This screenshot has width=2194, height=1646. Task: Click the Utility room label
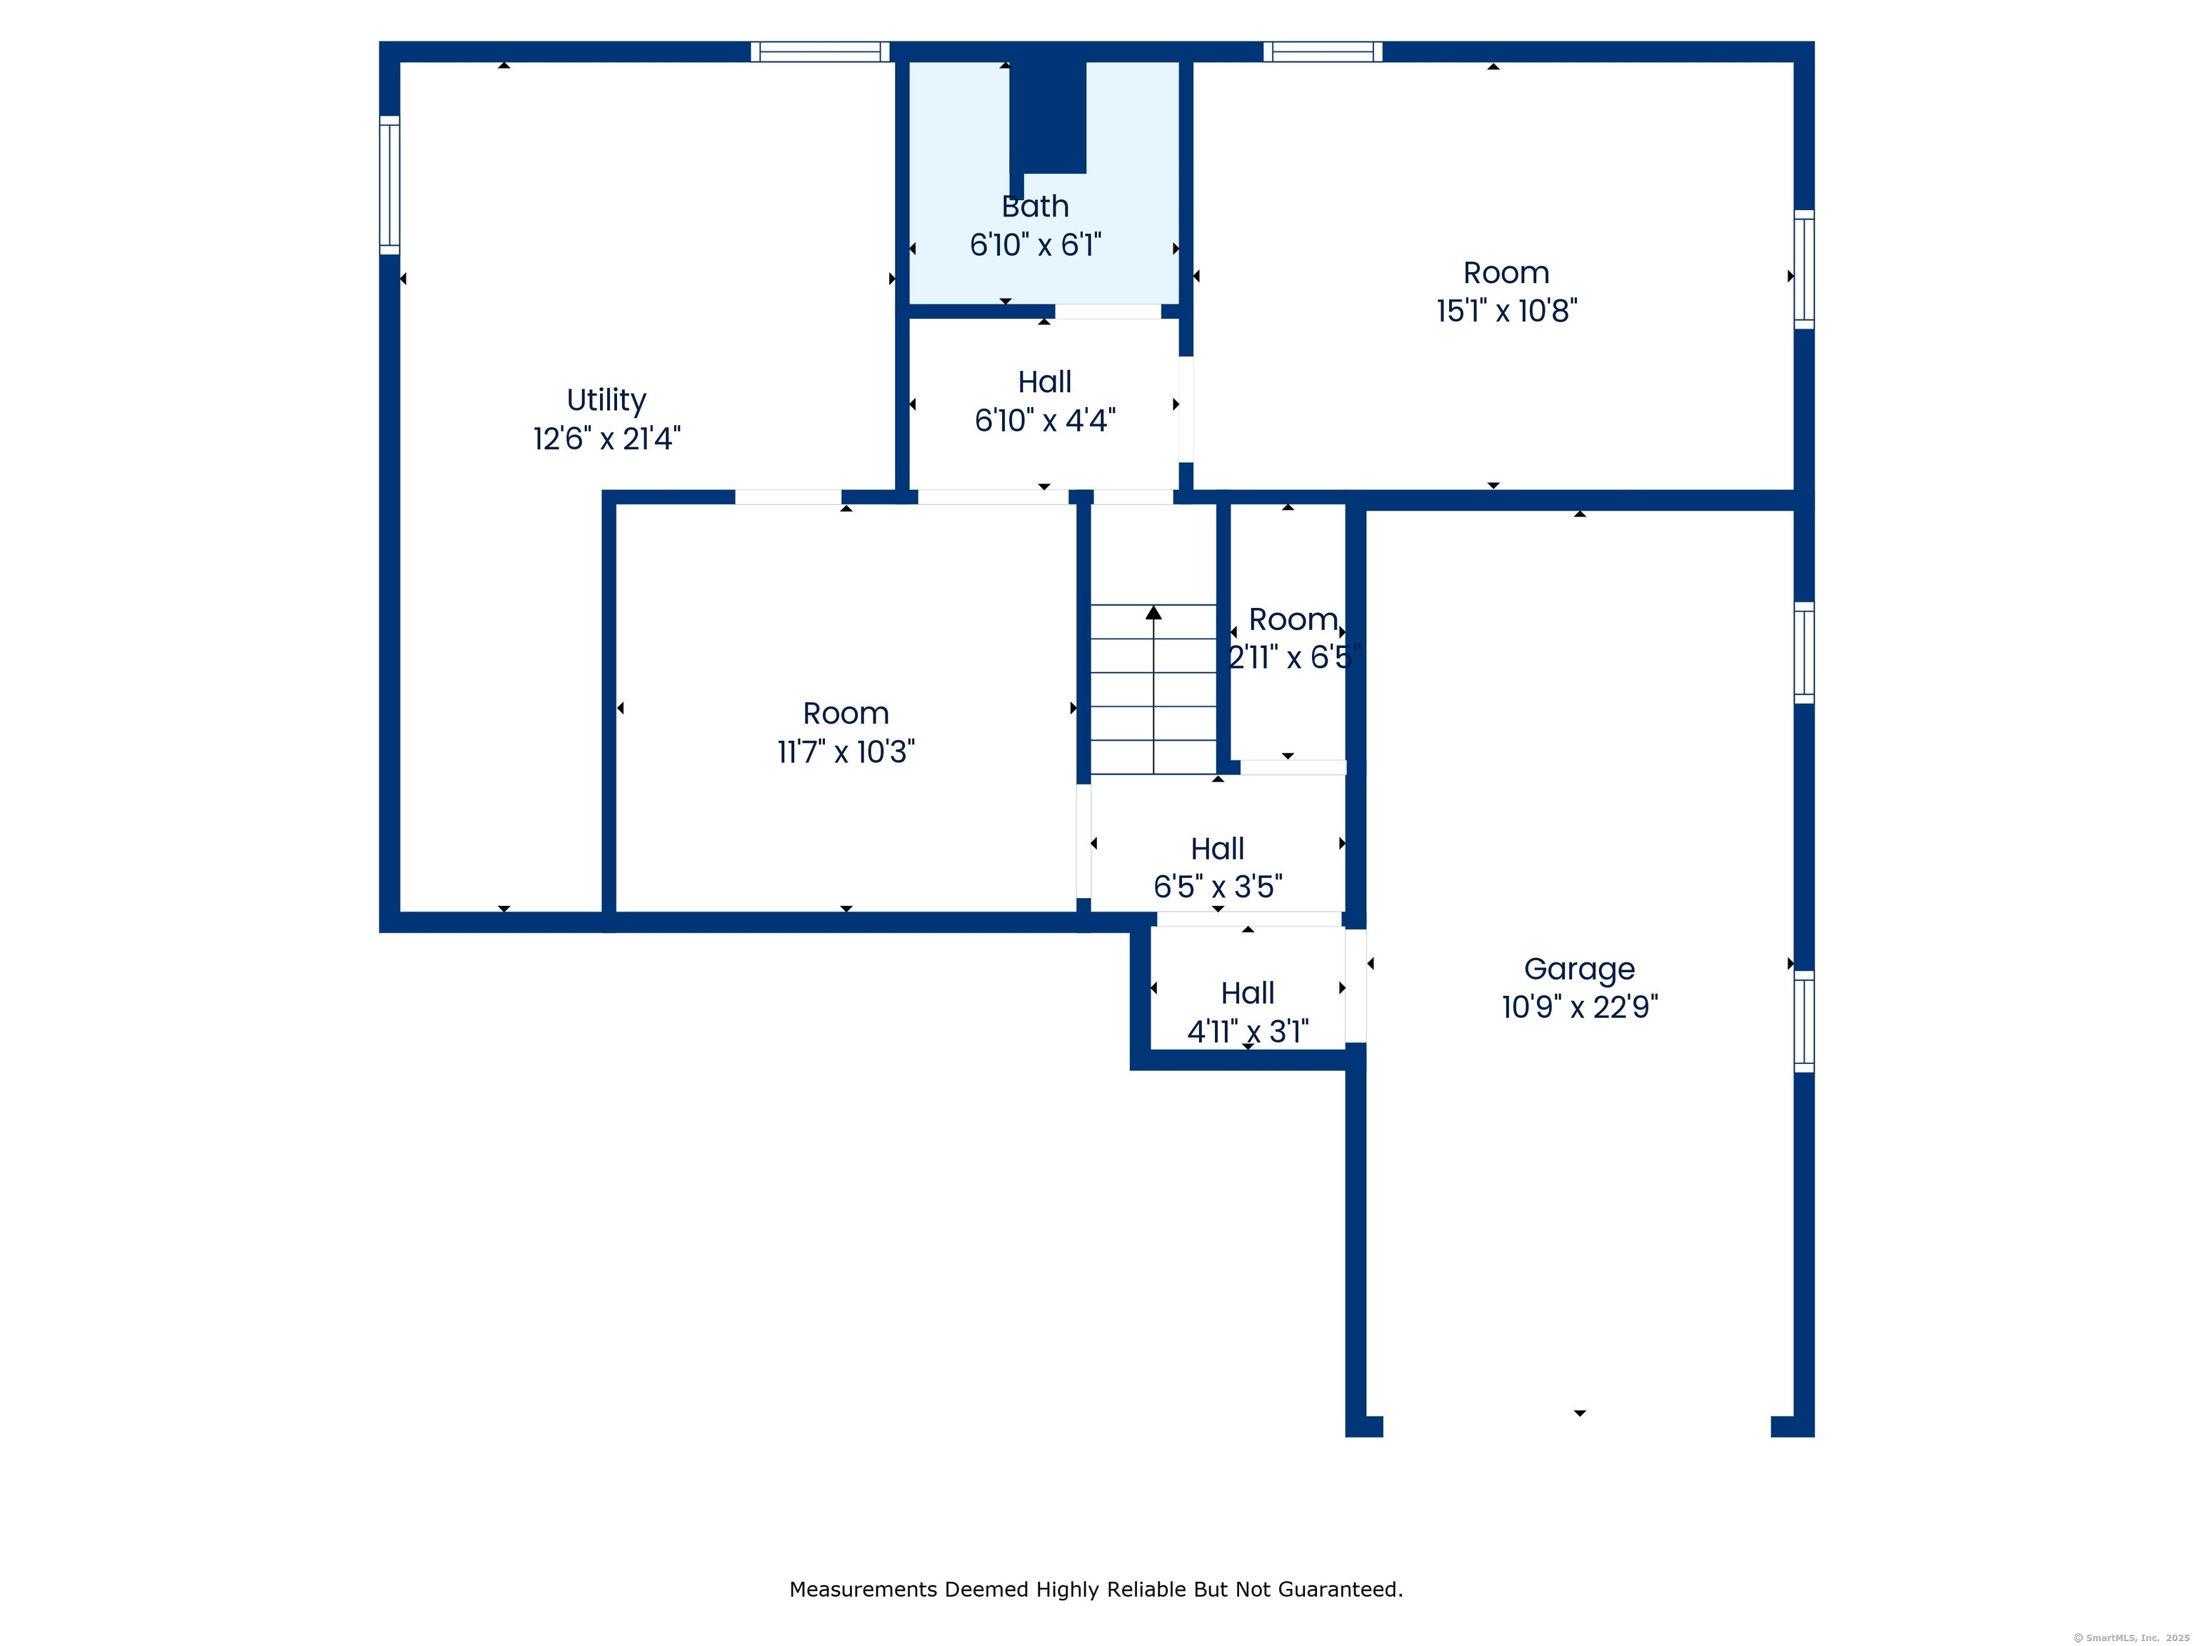pyautogui.click(x=606, y=400)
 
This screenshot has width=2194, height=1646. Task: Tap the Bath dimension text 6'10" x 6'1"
pyautogui.click(x=1036, y=244)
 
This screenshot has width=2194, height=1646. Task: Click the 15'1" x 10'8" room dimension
pyautogui.click(x=1507, y=311)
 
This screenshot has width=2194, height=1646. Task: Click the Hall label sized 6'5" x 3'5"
pyautogui.click(x=1217, y=848)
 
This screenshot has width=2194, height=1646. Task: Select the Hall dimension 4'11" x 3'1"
pyautogui.click(x=1248, y=1032)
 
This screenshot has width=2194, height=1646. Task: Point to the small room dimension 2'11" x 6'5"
pyautogui.click(x=1293, y=657)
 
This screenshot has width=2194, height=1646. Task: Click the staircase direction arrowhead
pyautogui.click(x=1153, y=612)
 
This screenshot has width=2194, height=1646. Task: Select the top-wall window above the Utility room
pyautogui.click(x=821, y=51)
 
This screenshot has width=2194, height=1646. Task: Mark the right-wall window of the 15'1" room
pyautogui.click(x=1804, y=269)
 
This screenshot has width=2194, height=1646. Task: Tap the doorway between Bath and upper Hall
pyautogui.click(x=1108, y=311)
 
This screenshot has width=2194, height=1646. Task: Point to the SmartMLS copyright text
pyautogui.click(x=2130, y=1638)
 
